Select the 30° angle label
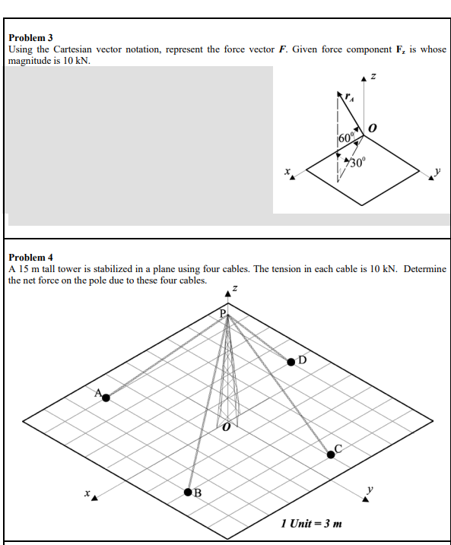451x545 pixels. click(x=357, y=160)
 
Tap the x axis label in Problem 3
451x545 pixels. click(x=288, y=173)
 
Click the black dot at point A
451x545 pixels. click(x=106, y=397)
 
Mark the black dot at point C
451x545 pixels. click(x=331, y=454)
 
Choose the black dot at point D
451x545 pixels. click(x=292, y=363)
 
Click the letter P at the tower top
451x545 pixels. click(x=224, y=313)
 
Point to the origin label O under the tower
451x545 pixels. click(x=226, y=430)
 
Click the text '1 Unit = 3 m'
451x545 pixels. click(x=311, y=523)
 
